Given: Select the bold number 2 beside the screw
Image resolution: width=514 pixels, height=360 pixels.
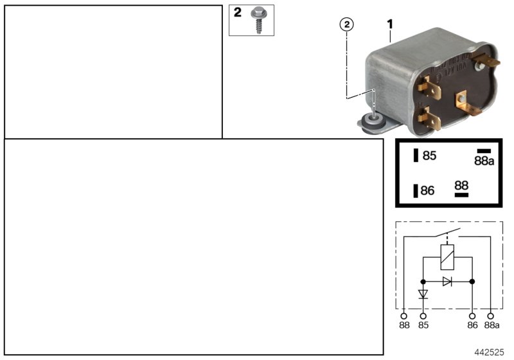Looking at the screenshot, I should tap(238, 12).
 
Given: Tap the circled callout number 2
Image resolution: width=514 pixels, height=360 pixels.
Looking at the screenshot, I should tap(346, 24).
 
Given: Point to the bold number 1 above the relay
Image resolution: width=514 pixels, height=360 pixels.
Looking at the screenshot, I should tap(389, 24).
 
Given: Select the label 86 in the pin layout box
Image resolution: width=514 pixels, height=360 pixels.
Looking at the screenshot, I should tap(428, 190).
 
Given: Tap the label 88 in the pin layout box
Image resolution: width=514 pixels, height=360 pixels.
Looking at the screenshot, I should tap(461, 184).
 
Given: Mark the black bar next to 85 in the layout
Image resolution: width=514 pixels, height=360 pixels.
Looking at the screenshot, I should tap(416, 155).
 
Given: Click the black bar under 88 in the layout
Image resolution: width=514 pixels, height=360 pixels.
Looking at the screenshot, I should tap(461, 194).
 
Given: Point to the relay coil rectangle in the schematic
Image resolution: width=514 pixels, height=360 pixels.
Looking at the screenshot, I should tap(447, 258).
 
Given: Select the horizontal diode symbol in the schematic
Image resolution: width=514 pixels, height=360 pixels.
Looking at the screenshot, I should tap(447, 281).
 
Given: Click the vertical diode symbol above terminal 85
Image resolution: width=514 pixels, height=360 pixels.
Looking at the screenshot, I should tap(423, 294).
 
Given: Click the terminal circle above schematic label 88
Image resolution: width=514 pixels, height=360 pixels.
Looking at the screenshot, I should tap(403, 316).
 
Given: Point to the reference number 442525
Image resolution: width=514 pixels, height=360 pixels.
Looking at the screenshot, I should tap(490, 353).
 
